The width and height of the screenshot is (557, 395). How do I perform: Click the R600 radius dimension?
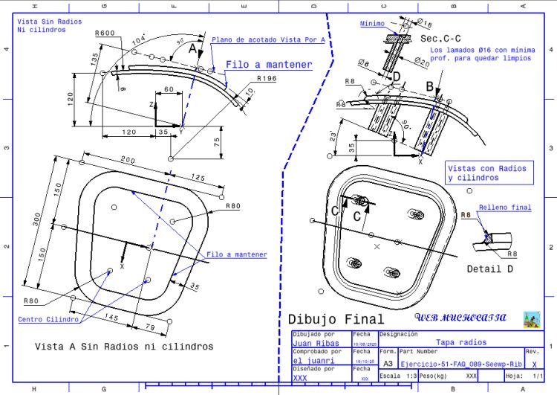(x=105, y=33)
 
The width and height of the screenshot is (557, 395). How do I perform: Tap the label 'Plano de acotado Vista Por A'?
(x=258, y=40)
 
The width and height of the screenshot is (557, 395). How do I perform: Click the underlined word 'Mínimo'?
(x=373, y=24)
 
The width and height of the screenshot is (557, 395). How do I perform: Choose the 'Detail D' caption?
(x=489, y=269)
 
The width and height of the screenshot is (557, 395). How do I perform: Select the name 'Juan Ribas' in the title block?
(x=317, y=344)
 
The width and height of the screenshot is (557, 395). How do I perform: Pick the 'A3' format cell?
(x=388, y=363)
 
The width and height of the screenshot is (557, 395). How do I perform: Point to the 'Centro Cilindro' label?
(x=48, y=319)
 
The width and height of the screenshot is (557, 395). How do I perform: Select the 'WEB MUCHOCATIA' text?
(x=460, y=318)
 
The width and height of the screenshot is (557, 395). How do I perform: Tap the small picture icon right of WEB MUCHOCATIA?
(x=531, y=318)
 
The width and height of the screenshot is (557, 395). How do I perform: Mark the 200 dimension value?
(x=128, y=161)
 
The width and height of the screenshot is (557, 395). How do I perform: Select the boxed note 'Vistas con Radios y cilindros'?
(x=486, y=173)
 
